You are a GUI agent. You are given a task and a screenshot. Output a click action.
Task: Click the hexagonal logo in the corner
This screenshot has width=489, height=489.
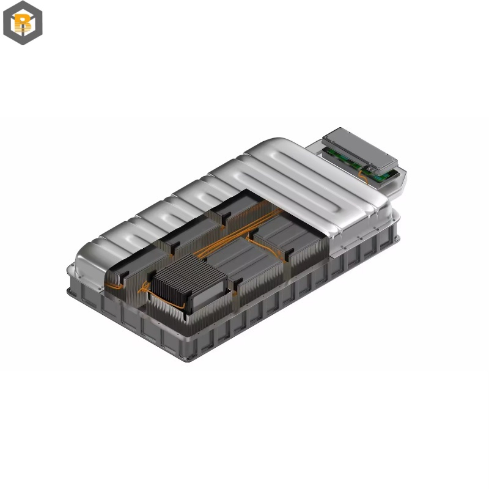[x=23, y=23]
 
